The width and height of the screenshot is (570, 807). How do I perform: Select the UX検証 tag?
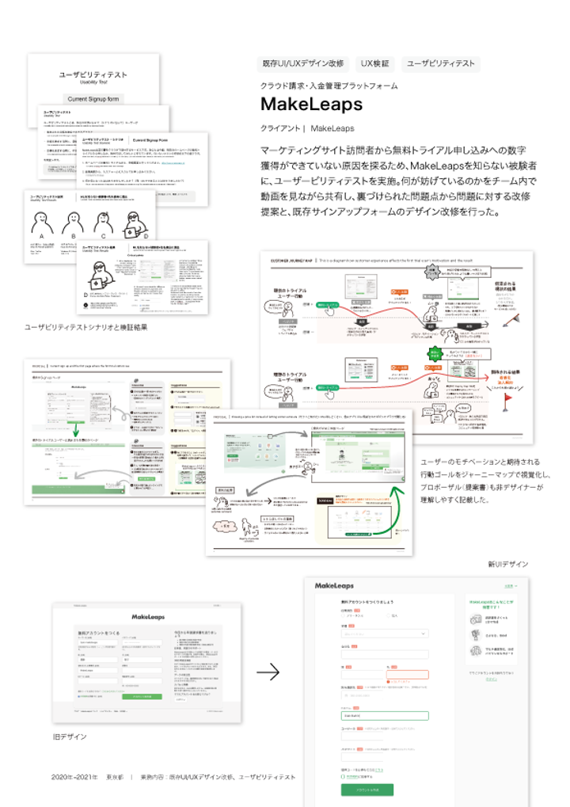375,63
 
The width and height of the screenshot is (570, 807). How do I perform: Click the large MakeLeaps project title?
311,105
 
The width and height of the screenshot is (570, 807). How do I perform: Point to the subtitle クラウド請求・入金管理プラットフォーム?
329,86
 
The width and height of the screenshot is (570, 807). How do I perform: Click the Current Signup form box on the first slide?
93,99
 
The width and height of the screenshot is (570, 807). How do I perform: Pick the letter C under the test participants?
103,236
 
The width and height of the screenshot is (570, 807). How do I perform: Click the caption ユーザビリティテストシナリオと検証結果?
85,327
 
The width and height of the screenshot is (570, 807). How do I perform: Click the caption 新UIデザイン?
507,564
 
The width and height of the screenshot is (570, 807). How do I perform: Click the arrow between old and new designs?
268,672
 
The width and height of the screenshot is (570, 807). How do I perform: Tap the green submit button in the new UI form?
367,790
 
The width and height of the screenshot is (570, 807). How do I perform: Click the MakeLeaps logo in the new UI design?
334,586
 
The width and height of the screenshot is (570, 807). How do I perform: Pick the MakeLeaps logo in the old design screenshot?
146,615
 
